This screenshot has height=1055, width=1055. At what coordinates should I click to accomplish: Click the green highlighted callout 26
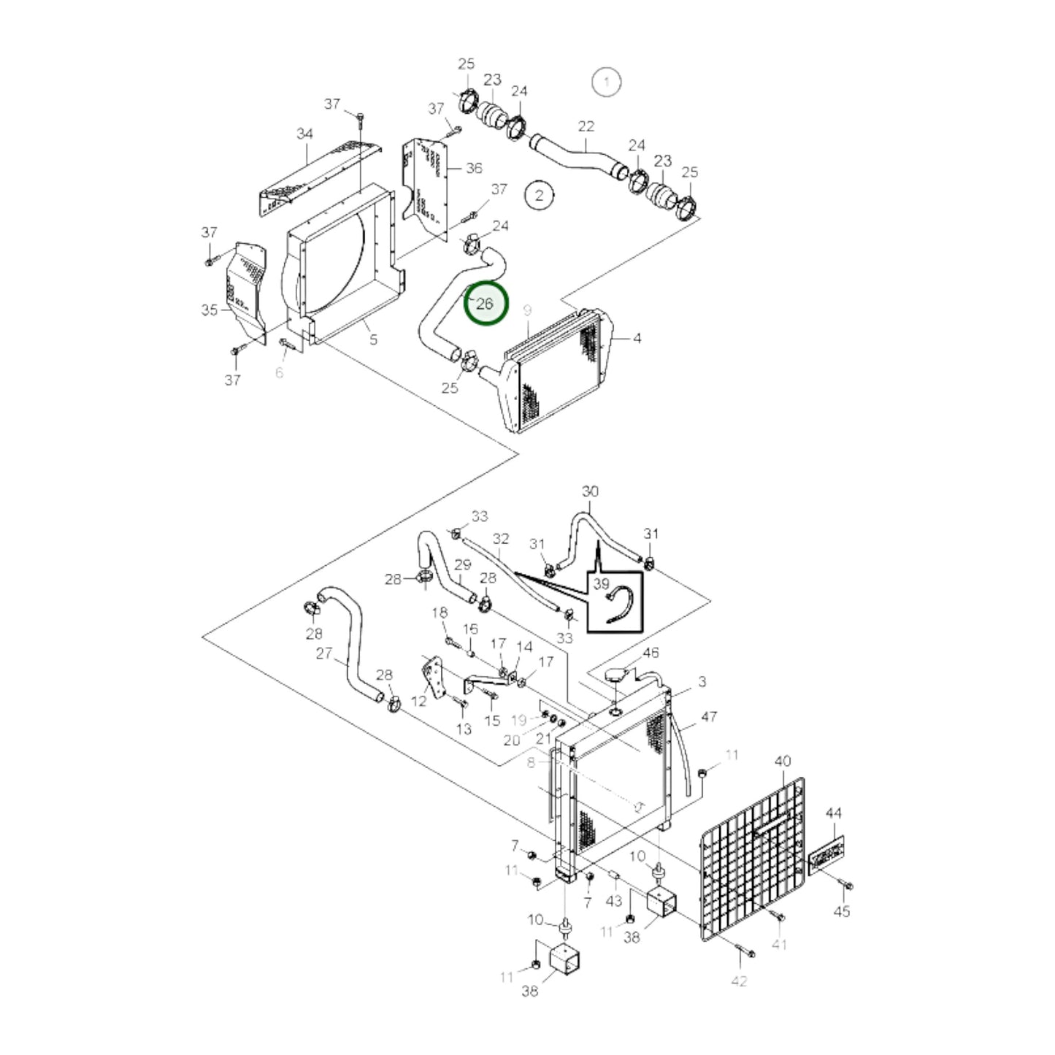coord(486,304)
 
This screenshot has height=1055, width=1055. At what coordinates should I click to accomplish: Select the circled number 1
coord(606,82)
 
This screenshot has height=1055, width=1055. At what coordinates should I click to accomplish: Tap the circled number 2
coord(540,196)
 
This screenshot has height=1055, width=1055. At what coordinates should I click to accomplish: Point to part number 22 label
coord(586,126)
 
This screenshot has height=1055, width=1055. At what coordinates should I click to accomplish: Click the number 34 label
coord(304,134)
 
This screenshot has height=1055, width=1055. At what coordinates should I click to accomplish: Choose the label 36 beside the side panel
coord(474,168)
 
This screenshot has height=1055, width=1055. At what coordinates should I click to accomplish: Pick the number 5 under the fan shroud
coord(373,339)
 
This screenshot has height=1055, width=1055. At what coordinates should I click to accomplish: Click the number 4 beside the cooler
coord(637,338)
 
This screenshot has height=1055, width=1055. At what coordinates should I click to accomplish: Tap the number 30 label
coord(590,491)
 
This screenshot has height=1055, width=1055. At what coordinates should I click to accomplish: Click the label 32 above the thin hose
coord(500,539)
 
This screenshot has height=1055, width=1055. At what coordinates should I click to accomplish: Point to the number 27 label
coord(324,653)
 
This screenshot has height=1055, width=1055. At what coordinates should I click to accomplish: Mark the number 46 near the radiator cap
coord(650,653)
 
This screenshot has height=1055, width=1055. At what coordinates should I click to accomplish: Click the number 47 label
coord(709,717)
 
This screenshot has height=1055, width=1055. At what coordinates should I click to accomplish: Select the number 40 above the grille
coord(782,761)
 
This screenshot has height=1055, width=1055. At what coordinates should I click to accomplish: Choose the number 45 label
coord(842,911)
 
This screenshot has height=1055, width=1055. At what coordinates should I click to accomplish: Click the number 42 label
coord(739,981)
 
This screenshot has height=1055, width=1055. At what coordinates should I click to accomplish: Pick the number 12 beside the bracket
coord(418,701)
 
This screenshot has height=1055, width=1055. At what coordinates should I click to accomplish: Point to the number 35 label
coord(210,310)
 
